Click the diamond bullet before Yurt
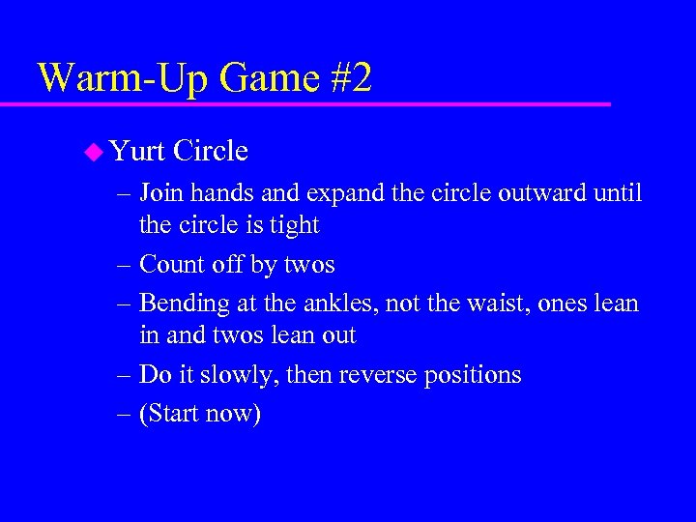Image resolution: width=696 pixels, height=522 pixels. pos(93,151)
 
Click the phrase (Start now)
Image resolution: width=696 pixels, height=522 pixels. pos(200,414)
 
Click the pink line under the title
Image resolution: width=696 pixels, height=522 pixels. pos(319,102)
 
